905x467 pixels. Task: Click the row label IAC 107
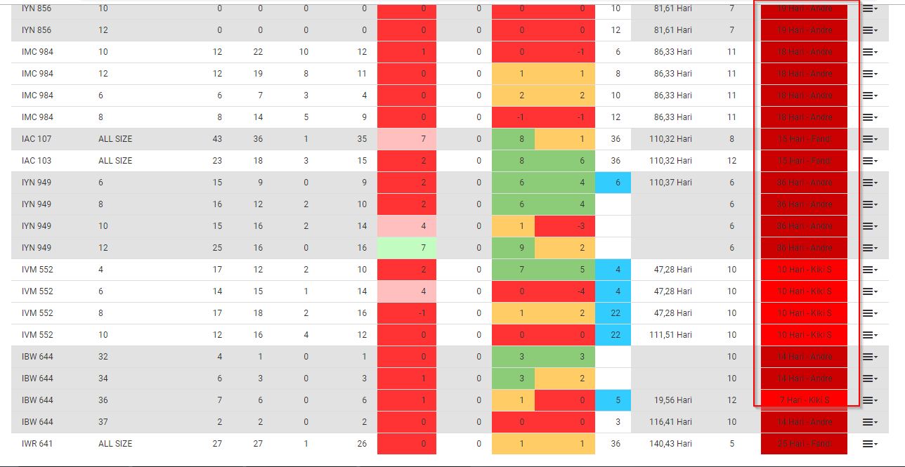37,139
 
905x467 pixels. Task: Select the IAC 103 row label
37,161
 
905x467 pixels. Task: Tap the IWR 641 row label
37,444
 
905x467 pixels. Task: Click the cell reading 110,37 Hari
672,183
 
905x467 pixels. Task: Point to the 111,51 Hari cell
672,335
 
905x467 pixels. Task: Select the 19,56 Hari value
672,400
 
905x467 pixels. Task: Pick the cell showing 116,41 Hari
672,422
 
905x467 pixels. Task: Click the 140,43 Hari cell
672,444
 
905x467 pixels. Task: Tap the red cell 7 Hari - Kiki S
805,400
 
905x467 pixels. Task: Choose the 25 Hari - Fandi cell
805,444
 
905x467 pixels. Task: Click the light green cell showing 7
408,248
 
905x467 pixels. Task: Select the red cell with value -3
565,226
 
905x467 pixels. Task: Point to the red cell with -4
565,291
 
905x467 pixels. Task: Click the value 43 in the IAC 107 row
217,139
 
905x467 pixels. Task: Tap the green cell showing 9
514,248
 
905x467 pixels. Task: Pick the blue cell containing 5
613,400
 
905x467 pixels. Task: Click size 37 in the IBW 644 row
103,422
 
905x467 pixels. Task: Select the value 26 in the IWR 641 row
362,444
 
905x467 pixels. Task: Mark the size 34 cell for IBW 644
103,379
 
